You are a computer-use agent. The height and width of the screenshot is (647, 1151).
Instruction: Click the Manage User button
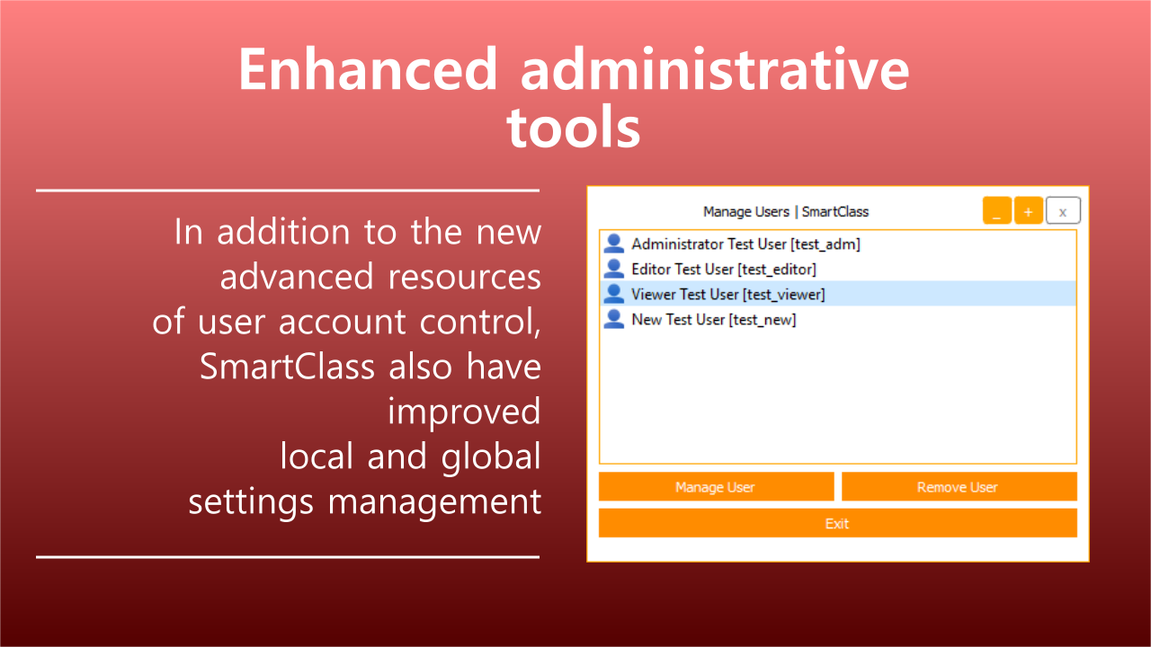[716, 486]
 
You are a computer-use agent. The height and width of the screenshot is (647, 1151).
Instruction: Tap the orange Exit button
[837, 523]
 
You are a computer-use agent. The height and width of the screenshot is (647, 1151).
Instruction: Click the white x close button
[1063, 210]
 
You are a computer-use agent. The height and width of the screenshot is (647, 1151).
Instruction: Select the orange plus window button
[1028, 210]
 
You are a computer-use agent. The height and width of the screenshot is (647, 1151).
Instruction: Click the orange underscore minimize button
[997, 210]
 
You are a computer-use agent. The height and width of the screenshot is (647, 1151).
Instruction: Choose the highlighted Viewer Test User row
[837, 294]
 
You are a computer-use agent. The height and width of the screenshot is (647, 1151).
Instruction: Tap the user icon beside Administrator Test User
[613, 244]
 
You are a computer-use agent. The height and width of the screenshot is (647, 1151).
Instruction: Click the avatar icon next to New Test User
[613, 319]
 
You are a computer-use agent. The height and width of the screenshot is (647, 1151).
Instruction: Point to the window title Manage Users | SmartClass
[786, 211]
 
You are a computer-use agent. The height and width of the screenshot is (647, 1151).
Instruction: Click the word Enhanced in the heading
[368, 69]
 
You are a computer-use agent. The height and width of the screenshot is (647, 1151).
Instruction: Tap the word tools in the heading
[574, 126]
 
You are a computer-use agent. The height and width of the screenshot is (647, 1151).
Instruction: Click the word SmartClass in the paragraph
[287, 367]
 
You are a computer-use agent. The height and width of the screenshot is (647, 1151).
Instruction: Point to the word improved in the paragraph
[464, 412]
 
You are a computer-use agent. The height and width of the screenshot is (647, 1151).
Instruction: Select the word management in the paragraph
[434, 502]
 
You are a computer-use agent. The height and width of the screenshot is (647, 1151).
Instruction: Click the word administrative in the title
[715, 69]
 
